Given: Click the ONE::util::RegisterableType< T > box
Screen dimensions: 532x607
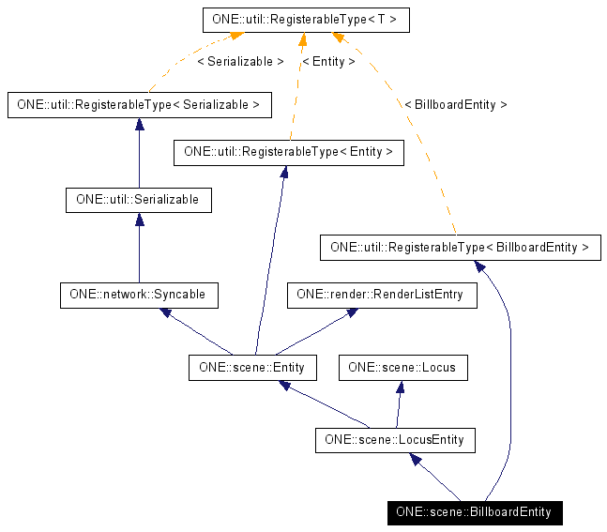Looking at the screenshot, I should point(306,19).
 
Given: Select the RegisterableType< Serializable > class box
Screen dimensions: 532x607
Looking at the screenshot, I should point(139,104).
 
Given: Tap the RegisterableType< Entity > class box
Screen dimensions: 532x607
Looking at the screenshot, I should point(288,152).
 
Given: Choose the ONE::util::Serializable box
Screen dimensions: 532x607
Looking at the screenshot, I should point(139,200).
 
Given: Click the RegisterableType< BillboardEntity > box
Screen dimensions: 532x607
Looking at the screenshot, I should point(460,248).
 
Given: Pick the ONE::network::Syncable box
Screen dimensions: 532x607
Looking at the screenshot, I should point(139,295).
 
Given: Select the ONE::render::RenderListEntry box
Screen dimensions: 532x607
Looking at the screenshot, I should point(380,295).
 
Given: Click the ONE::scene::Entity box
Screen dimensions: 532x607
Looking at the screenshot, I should point(252,367).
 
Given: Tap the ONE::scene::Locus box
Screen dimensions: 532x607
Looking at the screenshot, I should point(402,367).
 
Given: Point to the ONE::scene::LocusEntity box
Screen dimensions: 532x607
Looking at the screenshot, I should point(394,439).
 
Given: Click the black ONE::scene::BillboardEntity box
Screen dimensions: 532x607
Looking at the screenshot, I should point(474,512).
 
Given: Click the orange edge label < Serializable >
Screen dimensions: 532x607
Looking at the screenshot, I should point(240,62).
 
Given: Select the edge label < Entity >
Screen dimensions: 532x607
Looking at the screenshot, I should point(328,62).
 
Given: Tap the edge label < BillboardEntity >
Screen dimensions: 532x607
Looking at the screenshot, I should point(455,105).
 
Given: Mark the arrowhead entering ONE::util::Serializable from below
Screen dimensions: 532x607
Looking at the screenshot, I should point(139,220).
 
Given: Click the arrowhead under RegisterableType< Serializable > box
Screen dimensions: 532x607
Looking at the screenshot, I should point(139,124).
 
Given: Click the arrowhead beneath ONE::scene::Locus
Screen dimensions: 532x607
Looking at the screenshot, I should point(400,387).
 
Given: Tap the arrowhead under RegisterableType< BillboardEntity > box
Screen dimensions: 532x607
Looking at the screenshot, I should point(479,267).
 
